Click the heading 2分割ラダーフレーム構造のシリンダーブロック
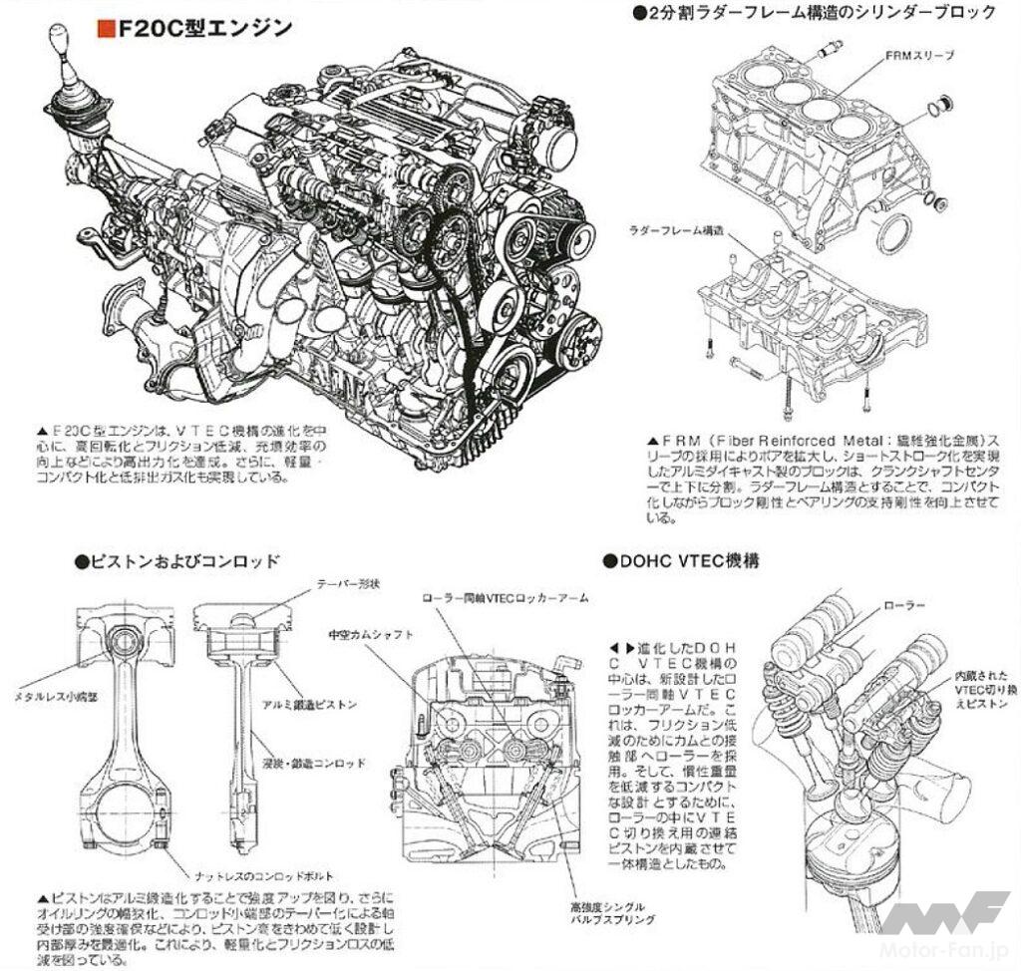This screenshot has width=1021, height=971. pyautogui.click(x=813, y=12)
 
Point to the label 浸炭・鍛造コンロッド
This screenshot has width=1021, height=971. pyautogui.click(x=326, y=763)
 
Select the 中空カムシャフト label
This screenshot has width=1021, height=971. pyautogui.click(x=369, y=633)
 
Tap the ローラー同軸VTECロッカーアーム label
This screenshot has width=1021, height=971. pyautogui.click(x=505, y=597)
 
